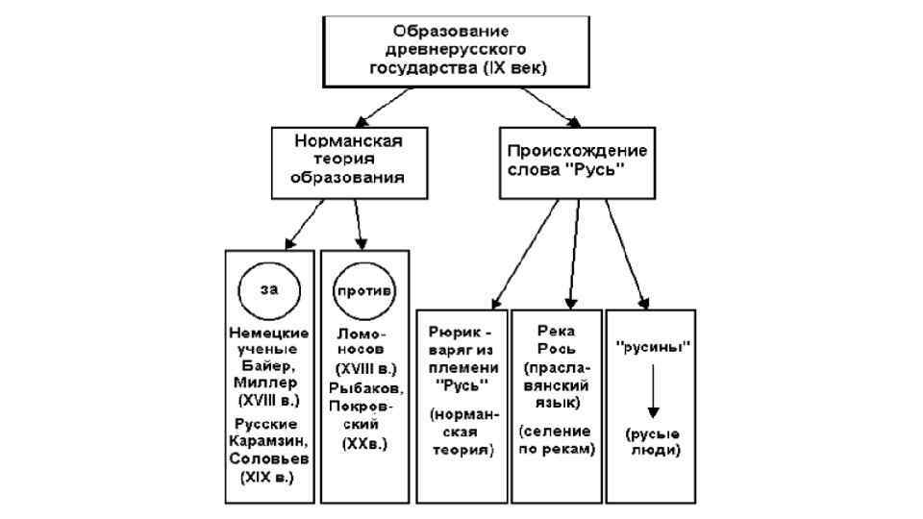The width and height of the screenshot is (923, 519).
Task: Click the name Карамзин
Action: click(x=269, y=440)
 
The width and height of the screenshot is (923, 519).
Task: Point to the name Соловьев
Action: click(x=269, y=458)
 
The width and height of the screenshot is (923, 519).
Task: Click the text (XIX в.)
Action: click(x=269, y=477)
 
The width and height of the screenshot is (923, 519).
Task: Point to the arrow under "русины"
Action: click(x=649, y=388)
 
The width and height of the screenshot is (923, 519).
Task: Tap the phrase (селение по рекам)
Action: click(x=557, y=441)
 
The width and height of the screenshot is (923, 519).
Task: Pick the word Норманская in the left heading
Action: click(x=348, y=140)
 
